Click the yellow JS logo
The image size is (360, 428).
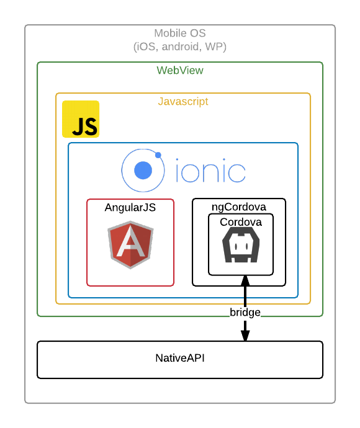(81, 119)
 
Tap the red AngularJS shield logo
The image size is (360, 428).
(130, 244)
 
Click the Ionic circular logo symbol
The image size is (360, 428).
(143, 170)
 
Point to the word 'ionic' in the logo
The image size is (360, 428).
(210, 172)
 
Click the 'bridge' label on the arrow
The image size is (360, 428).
(245, 312)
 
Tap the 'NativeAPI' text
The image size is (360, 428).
(180, 358)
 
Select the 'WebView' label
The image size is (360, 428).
(180, 71)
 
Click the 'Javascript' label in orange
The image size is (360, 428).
(183, 102)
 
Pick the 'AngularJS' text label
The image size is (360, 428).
(130, 208)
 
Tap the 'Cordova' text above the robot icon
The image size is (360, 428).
(241, 222)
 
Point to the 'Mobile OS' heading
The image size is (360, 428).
(180, 33)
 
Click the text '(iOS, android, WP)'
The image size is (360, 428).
(180, 47)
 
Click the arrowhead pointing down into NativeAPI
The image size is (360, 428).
(245, 335)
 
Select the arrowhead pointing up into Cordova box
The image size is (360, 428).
(245, 280)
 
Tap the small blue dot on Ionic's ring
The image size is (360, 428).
(158, 154)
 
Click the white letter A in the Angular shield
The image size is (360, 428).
(130, 246)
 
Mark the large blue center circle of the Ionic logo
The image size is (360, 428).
(143, 170)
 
